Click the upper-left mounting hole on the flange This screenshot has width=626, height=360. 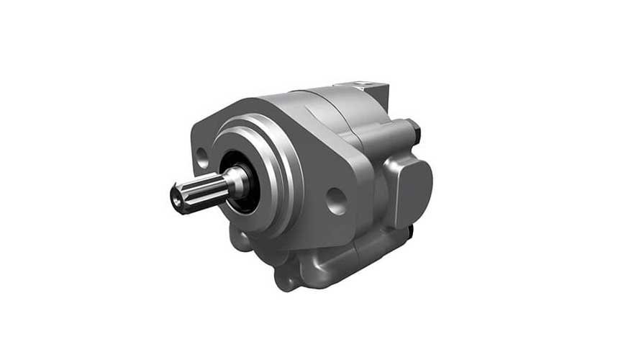[204, 153]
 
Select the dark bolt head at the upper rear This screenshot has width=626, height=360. [413, 130]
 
